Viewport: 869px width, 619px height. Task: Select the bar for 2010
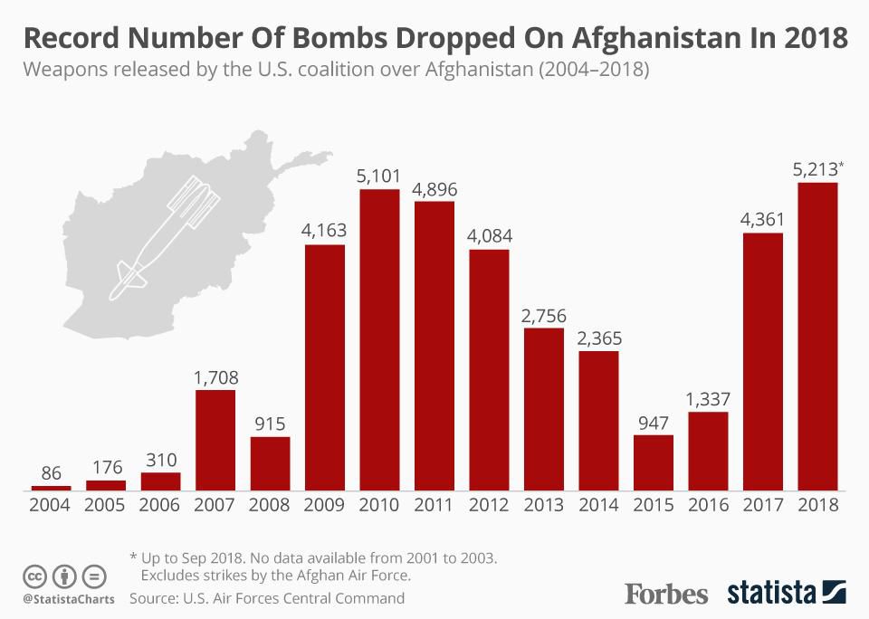[379, 339]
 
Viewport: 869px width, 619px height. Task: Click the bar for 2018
[817, 337]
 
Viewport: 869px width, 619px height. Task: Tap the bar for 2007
[215, 440]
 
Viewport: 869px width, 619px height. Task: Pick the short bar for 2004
[51, 488]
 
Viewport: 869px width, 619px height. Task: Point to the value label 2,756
[544, 316]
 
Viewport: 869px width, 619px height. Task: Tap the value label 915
[270, 424]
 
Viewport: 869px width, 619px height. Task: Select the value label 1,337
[708, 399]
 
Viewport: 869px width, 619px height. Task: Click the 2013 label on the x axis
[544, 505]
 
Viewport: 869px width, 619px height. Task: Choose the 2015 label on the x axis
[653, 505]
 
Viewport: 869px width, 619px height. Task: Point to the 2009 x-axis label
[324, 505]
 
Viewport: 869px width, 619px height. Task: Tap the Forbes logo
[666, 594]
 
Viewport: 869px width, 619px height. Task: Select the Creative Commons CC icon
[35, 576]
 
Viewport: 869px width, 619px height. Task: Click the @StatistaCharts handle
[62, 599]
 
